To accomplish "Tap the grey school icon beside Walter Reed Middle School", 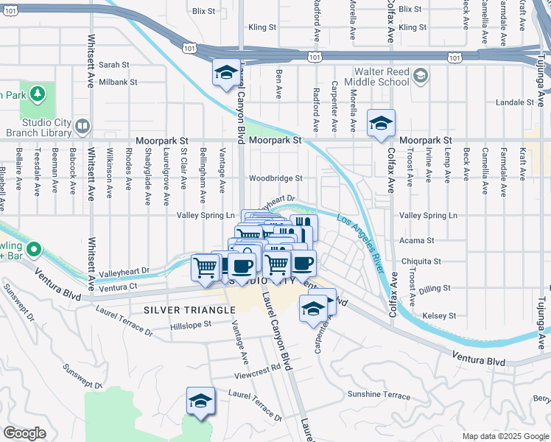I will click(420, 76).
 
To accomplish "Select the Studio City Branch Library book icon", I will click(81, 127).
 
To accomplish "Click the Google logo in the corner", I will click(24, 433).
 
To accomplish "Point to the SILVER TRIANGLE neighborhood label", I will click(189, 310).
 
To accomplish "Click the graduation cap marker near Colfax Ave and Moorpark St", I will click(381, 124).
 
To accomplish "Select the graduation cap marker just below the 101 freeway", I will click(226, 73).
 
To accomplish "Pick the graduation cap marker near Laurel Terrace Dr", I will click(200, 401).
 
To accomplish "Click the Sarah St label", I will click(113, 65).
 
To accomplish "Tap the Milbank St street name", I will click(118, 82).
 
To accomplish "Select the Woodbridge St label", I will click(275, 178).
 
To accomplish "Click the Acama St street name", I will click(417, 241).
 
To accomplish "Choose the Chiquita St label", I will click(421, 262).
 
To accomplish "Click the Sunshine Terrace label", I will click(378, 396).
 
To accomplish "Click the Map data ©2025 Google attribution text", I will click(505, 436).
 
